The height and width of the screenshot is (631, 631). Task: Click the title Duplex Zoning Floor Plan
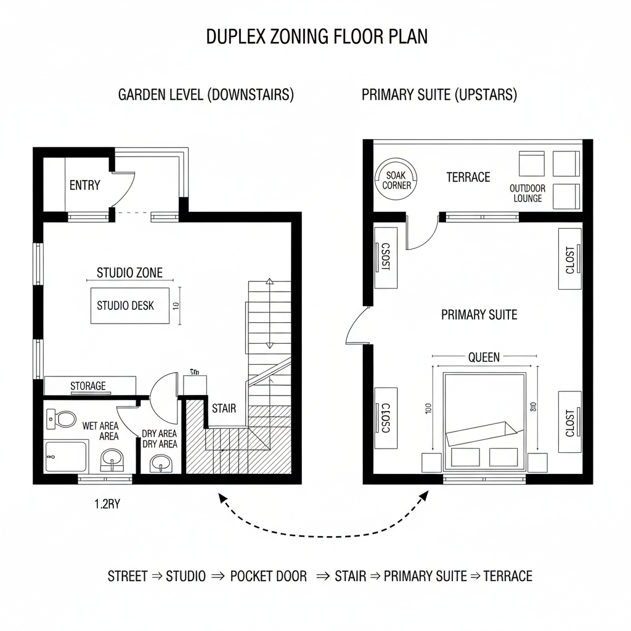coord(317,37)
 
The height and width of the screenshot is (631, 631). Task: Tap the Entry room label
coord(84,185)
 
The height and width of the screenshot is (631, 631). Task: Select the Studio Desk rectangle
coord(130,305)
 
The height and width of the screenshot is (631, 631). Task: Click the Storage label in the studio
coord(88,386)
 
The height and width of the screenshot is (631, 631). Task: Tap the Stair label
coord(224,408)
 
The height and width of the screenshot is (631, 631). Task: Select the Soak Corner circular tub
coord(397,180)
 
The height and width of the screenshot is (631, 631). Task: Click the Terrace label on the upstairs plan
coord(468,177)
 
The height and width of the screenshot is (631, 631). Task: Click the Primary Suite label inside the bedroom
coord(479,315)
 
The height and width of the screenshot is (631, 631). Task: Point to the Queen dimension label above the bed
coord(484,357)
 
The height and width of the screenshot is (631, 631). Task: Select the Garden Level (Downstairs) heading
coord(205,95)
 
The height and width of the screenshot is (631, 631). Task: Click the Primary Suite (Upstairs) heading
coord(439,95)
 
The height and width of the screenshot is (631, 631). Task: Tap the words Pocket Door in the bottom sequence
coord(268,576)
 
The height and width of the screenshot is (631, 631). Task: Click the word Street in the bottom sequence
coord(128,576)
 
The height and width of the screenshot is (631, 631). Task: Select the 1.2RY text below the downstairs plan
coord(107,503)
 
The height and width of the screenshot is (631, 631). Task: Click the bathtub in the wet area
coord(65,456)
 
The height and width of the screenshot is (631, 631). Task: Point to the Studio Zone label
coord(130,272)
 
